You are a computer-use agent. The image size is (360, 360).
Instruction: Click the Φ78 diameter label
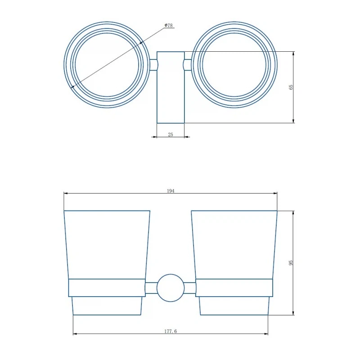pyautogui.click(x=168, y=25)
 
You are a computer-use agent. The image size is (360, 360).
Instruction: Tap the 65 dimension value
pyautogui.click(x=291, y=87)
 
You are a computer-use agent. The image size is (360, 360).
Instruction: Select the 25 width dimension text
pyautogui.click(x=171, y=135)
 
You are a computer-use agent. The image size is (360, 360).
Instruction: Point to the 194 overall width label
pyautogui.click(x=171, y=191)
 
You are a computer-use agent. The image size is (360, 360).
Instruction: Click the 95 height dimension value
pyautogui.click(x=291, y=263)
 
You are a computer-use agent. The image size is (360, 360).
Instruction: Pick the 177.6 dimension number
pyautogui.click(x=171, y=331)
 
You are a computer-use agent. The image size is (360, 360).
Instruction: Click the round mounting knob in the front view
pyautogui.click(x=171, y=288)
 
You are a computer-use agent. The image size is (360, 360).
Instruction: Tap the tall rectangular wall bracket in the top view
pyautogui.click(x=171, y=87)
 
